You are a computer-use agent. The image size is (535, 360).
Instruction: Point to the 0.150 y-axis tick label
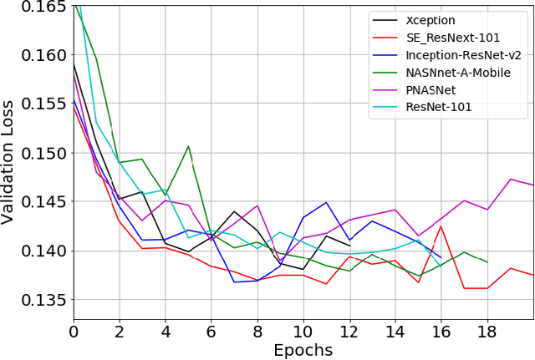[x=43, y=153]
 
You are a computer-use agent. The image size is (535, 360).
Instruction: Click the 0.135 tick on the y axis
[x=43, y=300]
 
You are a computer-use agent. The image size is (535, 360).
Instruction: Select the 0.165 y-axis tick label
[x=43, y=8]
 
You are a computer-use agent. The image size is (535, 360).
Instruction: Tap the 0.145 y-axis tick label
[x=43, y=202]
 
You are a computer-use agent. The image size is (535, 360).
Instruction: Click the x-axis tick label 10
[x=302, y=330]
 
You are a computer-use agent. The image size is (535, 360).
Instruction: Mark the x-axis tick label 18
[x=485, y=330]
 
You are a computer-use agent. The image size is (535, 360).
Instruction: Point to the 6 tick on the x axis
[x=211, y=330]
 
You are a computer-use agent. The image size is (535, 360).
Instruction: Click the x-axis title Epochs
[x=302, y=349]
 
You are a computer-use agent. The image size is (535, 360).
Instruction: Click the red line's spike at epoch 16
[x=440, y=226]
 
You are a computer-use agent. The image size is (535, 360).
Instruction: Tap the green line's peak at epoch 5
[x=188, y=146]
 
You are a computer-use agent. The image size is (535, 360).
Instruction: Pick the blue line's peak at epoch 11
[x=326, y=202]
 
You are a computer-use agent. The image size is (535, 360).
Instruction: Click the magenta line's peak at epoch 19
[x=509, y=179]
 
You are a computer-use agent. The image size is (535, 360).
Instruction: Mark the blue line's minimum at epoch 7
[x=234, y=281]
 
